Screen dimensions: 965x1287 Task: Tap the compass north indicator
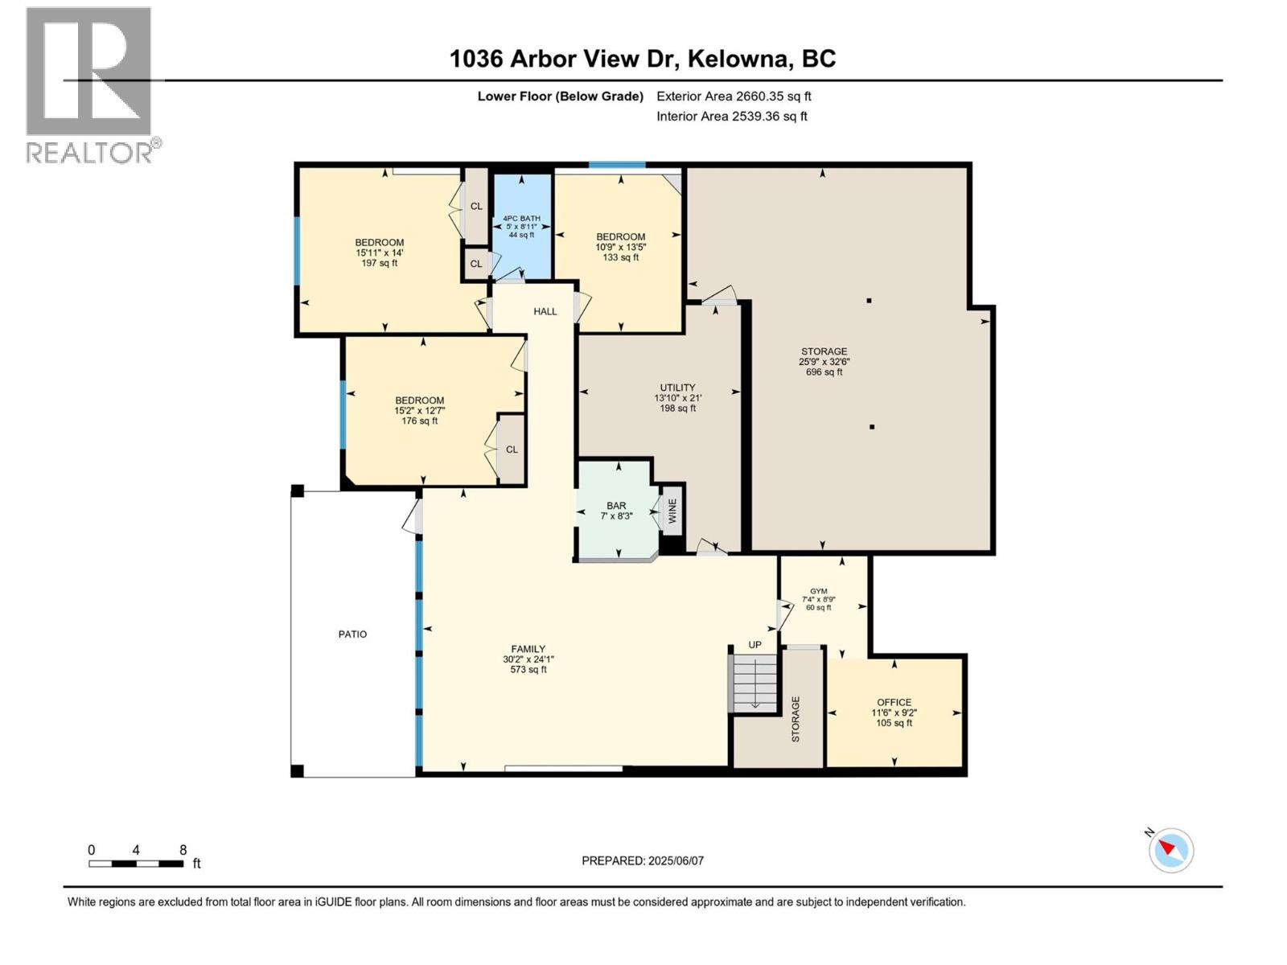[1170, 850]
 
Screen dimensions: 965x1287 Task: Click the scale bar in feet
[137, 864]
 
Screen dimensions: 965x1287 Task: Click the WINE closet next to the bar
[672, 510]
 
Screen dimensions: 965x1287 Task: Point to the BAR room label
[616, 511]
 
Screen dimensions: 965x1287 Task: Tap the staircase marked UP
[755, 682]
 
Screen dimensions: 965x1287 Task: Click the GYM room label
[818, 599]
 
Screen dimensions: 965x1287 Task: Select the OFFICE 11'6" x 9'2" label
[894, 712]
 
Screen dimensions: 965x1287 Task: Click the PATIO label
[352, 634]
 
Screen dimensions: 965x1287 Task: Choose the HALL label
[545, 311]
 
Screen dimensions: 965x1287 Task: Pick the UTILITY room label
[677, 397]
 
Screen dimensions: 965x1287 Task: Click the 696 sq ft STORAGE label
[824, 361]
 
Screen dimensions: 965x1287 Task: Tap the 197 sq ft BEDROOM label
[379, 253]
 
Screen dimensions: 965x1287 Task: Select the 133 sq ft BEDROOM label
[620, 247]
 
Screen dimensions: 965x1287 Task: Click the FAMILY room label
[528, 659]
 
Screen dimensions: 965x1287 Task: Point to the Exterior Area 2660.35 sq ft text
[734, 96]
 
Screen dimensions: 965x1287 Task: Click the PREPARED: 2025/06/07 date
[643, 860]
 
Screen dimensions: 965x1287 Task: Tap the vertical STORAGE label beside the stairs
[796, 719]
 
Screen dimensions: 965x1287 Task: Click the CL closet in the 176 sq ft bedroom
[512, 450]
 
